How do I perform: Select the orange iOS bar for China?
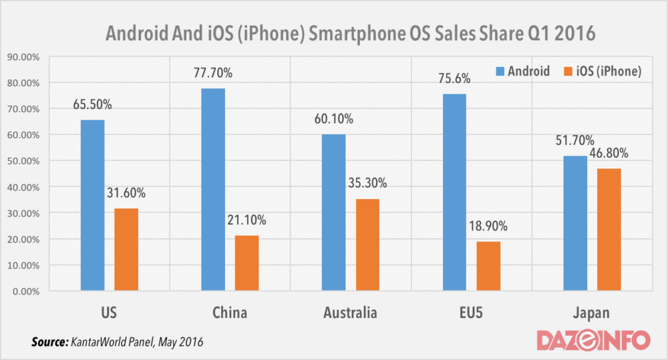(x=246, y=263)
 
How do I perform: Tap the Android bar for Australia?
(x=334, y=212)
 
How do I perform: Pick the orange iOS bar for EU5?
(x=488, y=266)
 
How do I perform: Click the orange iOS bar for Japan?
(x=609, y=230)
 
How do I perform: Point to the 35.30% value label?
(x=367, y=184)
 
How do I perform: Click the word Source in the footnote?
(x=47, y=342)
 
